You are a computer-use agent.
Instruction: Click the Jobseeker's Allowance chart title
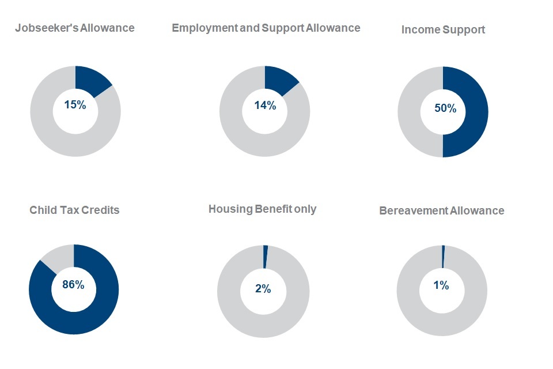pyautogui.click(x=75, y=28)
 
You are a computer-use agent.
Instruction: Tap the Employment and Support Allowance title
pyautogui.click(x=266, y=28)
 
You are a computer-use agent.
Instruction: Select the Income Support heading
pyautogui.click(x=443, y=29)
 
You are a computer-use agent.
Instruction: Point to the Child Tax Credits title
pyautogui.click(x=74, y=210)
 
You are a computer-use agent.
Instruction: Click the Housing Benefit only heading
pyautogui.click(x=262, y=209)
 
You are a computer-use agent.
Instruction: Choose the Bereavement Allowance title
pyautogui.click(x=441, y=210)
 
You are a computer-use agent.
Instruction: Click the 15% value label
pyautogui.click(x=75, y=105)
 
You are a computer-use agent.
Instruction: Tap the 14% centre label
pyautogui.click(x=265, y=105)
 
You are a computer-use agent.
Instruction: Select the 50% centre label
pyautogui.click(x=445, y=108)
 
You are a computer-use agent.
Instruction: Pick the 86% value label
pyautogui.click(x=73, y=285)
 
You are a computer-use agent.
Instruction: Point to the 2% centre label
pyautogui.click(x=263, y=289)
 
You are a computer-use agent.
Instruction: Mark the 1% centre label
pyautogui.click(x=441, y=285)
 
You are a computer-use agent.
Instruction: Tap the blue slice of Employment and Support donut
pyautogui.click(x=280, y=80)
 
